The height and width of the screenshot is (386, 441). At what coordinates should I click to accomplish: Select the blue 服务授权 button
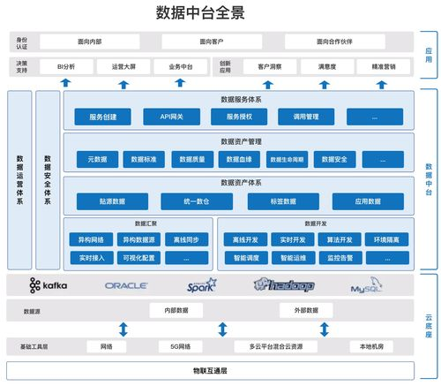[240, 117]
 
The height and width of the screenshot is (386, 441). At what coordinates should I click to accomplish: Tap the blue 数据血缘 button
[239, 160]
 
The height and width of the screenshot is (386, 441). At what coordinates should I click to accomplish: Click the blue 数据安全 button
[340, 160]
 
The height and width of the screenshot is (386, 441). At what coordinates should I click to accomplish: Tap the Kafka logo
[48, 285]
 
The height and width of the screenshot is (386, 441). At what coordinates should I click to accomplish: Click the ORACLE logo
[125, 286]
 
